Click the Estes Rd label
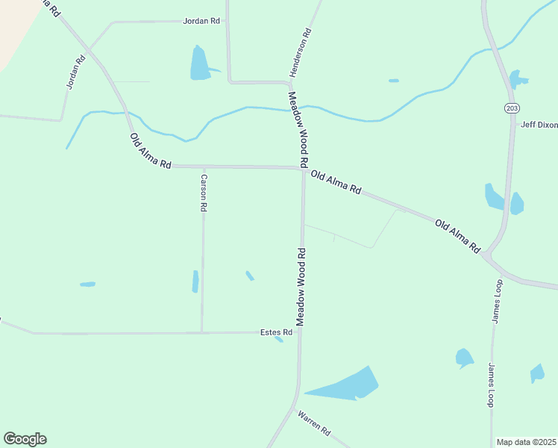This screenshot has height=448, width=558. tap(275, 332)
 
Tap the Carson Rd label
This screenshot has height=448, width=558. tap(203, 193)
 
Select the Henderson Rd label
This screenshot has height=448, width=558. tap(299, 53)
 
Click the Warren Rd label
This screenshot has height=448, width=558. tap(314, 423)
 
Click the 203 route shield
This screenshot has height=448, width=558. tap(511, 108)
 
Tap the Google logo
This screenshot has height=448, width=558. tap(25, 439)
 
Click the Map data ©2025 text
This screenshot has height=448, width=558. tap(527, 442)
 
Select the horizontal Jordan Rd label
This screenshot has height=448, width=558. tap(201, 21)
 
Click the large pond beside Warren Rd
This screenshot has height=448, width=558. tap(347, 385)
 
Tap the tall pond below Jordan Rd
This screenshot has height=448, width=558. tap(199, 63)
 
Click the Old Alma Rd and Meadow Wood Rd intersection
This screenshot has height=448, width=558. tap(303, 169)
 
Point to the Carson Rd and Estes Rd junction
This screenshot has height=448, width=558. tap(201, 332)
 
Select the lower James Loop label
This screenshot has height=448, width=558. tap(491, 385)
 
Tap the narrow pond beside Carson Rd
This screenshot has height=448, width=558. tap(195, 281)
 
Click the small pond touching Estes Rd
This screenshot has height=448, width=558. tap(279, 339)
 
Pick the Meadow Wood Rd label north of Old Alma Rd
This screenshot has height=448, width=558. tap(298, 129)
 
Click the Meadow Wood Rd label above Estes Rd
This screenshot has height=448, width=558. tap(301, 286)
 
